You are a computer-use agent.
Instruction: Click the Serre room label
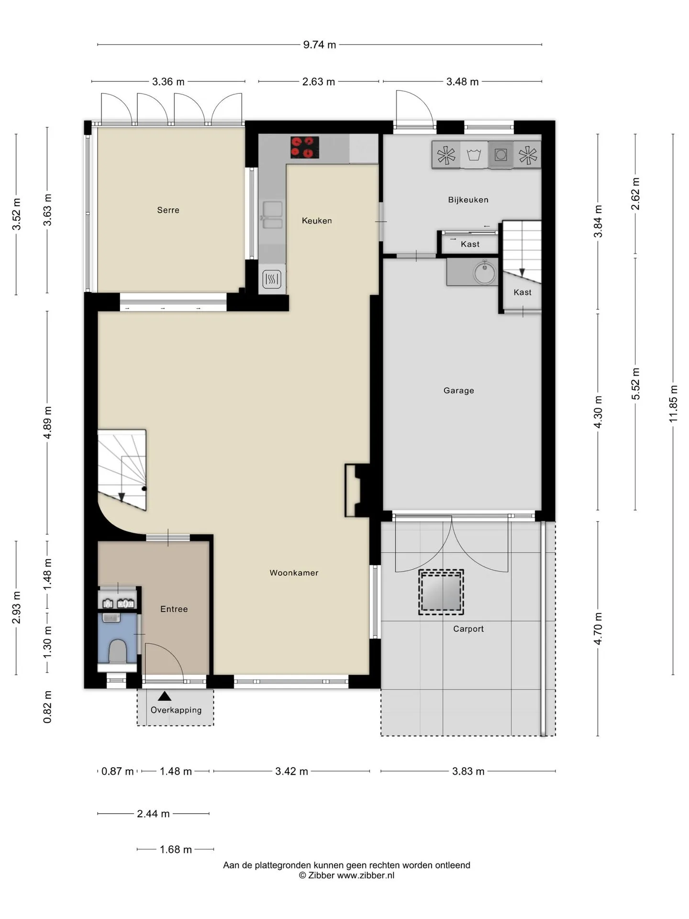pyautogui.click(x=168, y=210)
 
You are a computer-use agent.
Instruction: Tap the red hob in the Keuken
pyautogui.click(x=305, y=147)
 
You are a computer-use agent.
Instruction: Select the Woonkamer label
pyautogui.click(x=294, y=573)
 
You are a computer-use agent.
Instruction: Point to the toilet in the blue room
pyautogui.click(x=117, y=651)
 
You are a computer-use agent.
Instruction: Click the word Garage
pyautogui.click(x=458, y=391)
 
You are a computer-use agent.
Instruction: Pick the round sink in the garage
pyautogui.click(x=486, y=272)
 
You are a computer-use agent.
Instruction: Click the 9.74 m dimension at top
pyautogui.click(x=319, y=45)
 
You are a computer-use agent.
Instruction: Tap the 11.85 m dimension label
pyautogui.click(x=673, y=403)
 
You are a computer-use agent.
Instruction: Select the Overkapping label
pyautogui.click(x=176, y=710)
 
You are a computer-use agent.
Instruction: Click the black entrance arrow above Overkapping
pyautogui.click(x=165, y=696)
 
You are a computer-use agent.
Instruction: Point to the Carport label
pyautogui.click(x=468, y=629)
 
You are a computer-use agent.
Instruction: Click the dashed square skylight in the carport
pyautogui.click(x=441, y=592)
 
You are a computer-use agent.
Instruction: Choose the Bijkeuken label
pyautogui.click(x=468, y=200)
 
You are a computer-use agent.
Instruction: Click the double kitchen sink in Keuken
pyautogui.click(x=272, y=215)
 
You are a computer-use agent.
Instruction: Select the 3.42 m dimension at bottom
pyautogui.click(x=291, y=771)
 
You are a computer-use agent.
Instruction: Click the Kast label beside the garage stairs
pyautogui.click(x=522, y=292)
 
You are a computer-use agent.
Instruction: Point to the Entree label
pyautogui.click(x=174, y=609)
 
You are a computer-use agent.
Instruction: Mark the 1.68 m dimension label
pyautogui.click(x=176, y=850)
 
